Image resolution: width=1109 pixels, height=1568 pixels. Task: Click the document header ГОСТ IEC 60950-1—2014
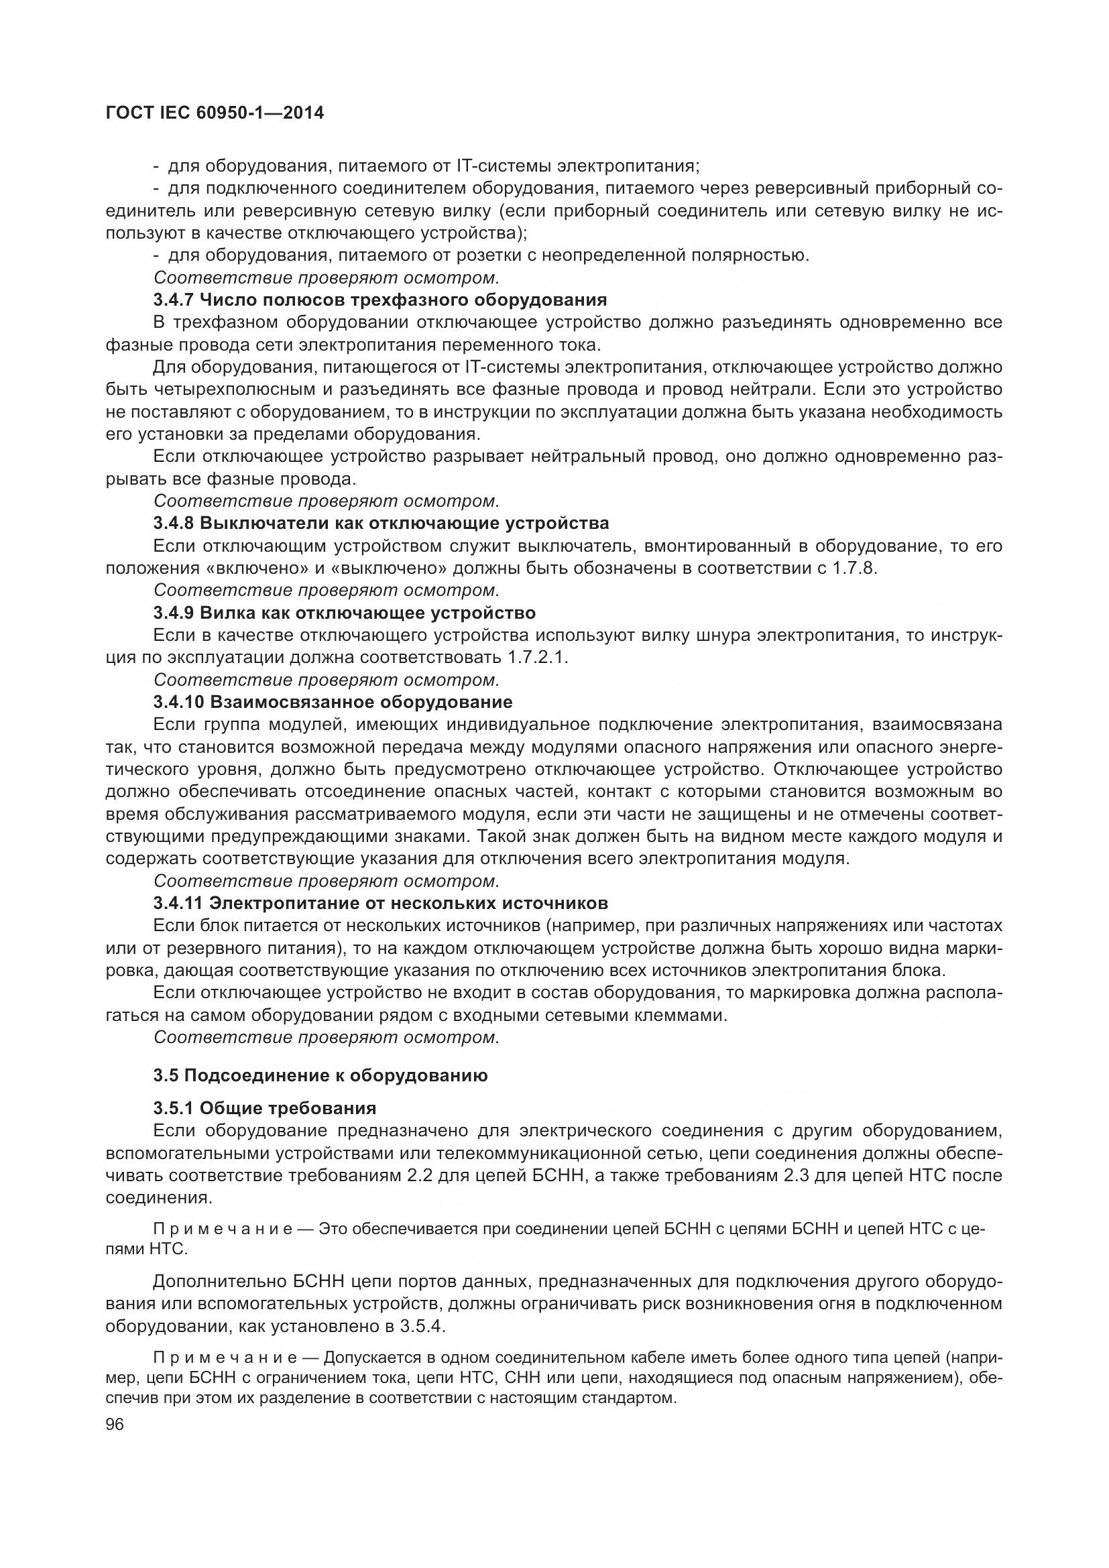tap(215, 114)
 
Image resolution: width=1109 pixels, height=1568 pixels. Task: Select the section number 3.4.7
tap(174, 300)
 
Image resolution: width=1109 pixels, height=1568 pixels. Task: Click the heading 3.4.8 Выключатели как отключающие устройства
tap(381, 523)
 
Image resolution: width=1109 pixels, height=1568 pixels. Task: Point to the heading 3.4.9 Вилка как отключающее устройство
tap(344, 613)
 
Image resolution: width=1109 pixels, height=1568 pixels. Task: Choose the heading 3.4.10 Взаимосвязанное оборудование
tap(333, 702)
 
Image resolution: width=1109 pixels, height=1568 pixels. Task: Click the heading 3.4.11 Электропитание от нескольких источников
tap(380, 904)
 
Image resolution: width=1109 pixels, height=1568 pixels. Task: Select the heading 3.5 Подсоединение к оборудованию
tap(320, 1075)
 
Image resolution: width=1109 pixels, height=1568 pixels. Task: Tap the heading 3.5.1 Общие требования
tap(265, 1107)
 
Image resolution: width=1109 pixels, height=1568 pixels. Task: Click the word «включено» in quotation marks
tap(243, 568)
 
